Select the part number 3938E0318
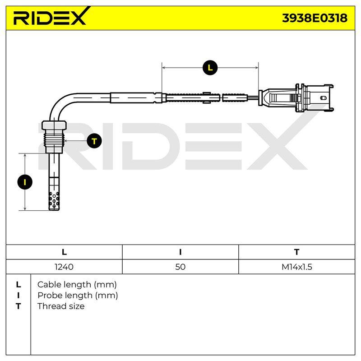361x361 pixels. point(315,18)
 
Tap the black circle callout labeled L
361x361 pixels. point(210,68)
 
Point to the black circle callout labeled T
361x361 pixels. point(94,141)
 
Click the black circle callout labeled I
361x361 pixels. point(25,182)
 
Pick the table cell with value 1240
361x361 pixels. point(64,267)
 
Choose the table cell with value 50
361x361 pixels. point(180,267)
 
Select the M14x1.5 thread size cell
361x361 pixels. point(297,267)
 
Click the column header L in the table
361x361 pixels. point(64,252)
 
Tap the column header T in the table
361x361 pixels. point(297,252)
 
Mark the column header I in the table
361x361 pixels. point(180,252)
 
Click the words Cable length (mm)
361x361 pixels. point(77,285)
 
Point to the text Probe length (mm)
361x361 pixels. point(78,296)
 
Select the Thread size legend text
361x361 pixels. point(61,306)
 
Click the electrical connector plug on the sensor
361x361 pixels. point(296,98)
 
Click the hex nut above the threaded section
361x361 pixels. point(54,125)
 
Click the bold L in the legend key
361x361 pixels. point(19,285)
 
